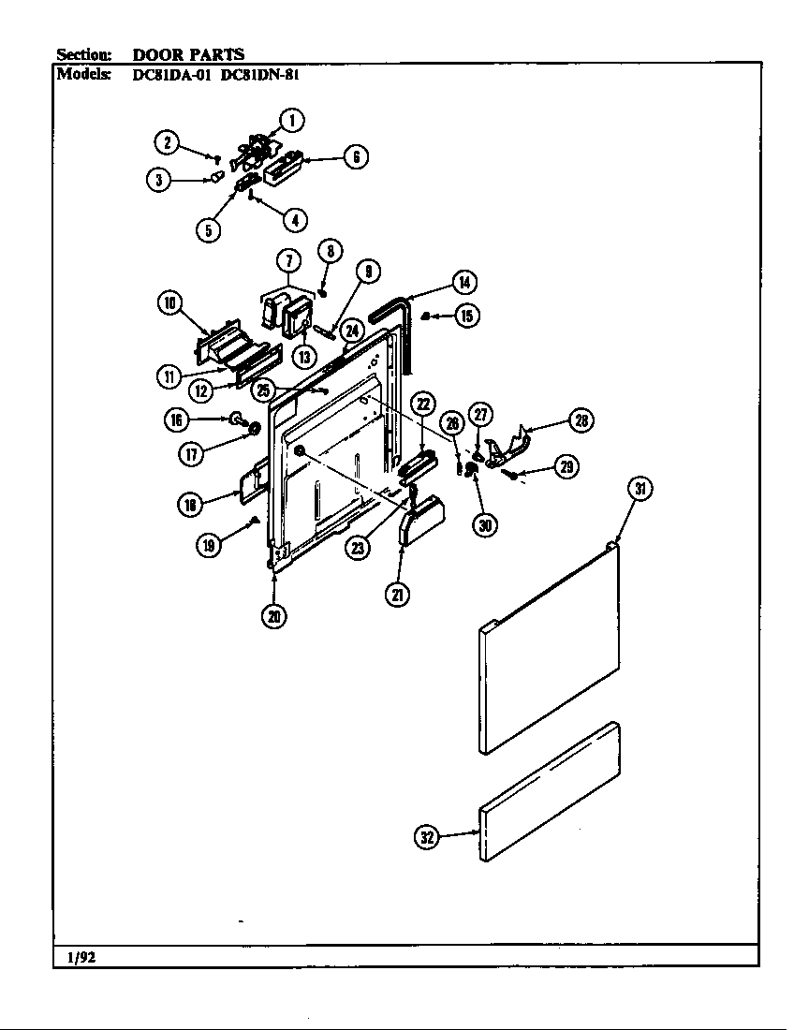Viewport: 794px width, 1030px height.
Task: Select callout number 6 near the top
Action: (x=356, y=157)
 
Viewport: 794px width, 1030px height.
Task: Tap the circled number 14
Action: (x=463, y=282)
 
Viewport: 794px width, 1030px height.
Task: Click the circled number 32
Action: (x=427, y=838)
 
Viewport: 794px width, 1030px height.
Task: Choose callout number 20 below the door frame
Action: (x=274, y=615)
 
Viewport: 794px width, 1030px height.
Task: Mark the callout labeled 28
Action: (x=581, y=421)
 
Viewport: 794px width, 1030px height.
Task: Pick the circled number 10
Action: (x=169, y=302)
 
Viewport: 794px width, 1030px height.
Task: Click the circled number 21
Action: (x=399, y=594)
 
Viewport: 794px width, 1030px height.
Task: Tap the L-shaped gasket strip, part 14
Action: (x=398, y=318)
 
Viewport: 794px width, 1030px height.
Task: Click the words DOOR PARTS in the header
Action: (x=188, y=54)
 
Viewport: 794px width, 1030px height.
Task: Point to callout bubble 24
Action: (x=351, y=331)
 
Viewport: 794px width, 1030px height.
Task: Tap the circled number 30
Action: (x=484, y=524)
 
